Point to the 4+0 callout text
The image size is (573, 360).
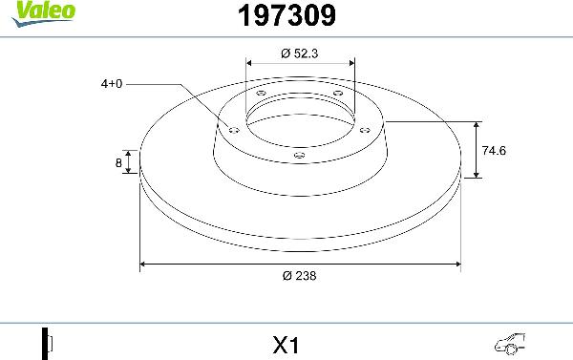coord(113,84)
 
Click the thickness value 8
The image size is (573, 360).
coord(118,163)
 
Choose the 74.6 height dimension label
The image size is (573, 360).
coord(494,150)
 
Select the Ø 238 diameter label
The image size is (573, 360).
coord(299,276)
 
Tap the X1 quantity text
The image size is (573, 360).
coord(286,341)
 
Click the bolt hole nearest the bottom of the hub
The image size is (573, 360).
coord(299,153)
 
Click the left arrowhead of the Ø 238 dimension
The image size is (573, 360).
coord(144,263)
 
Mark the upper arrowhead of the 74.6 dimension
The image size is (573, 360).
coord(477,125)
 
